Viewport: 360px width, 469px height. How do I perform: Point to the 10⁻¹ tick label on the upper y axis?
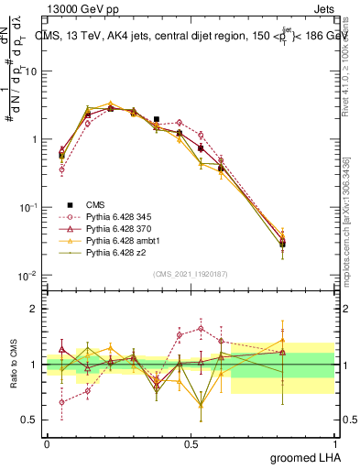(31, 208)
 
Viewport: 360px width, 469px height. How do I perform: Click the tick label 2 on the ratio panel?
(33, 309)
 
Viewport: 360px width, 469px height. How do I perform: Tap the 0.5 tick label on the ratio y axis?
(30, 420)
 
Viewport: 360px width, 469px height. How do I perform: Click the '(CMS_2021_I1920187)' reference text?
(191, 274)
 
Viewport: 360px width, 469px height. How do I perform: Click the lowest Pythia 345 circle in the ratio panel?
(61, 402)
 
